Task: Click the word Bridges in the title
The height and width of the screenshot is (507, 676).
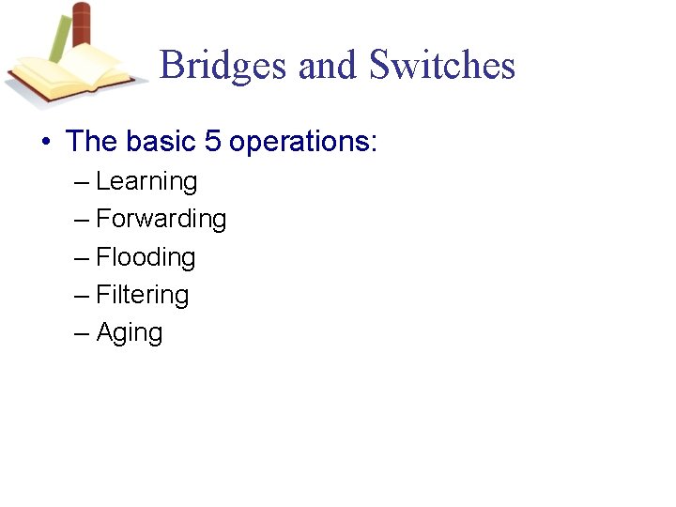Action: (x=223, y=66)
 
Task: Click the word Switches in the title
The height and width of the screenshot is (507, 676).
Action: (x=441, y=66)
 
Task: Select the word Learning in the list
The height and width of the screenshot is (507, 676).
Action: (x=146, y=181)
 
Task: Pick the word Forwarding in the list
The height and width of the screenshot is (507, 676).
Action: (x=161, y=219)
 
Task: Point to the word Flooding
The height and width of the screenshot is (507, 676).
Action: (x=146, y=257)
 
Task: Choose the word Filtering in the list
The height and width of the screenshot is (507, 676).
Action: (x=143, y=295)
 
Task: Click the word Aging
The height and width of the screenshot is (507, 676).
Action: (x=130, y=333)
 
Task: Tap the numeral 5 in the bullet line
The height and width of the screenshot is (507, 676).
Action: (x=212, y=142)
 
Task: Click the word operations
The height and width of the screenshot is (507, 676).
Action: (x=300, y=142)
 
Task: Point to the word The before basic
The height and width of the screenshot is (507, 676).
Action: (x=92, y=142)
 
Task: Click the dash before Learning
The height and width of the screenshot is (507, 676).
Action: (x=82, y=182)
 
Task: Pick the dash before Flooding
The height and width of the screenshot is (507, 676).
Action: (x=82, y=258)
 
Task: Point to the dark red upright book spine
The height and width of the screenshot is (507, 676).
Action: (x=82, y=28)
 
